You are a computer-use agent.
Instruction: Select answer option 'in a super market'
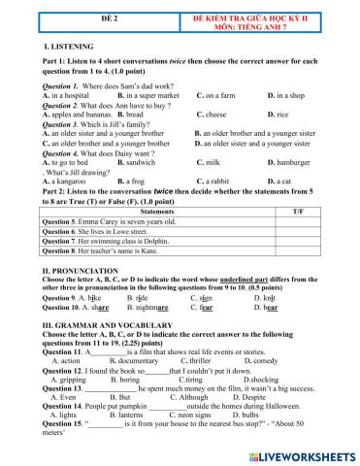147,96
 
